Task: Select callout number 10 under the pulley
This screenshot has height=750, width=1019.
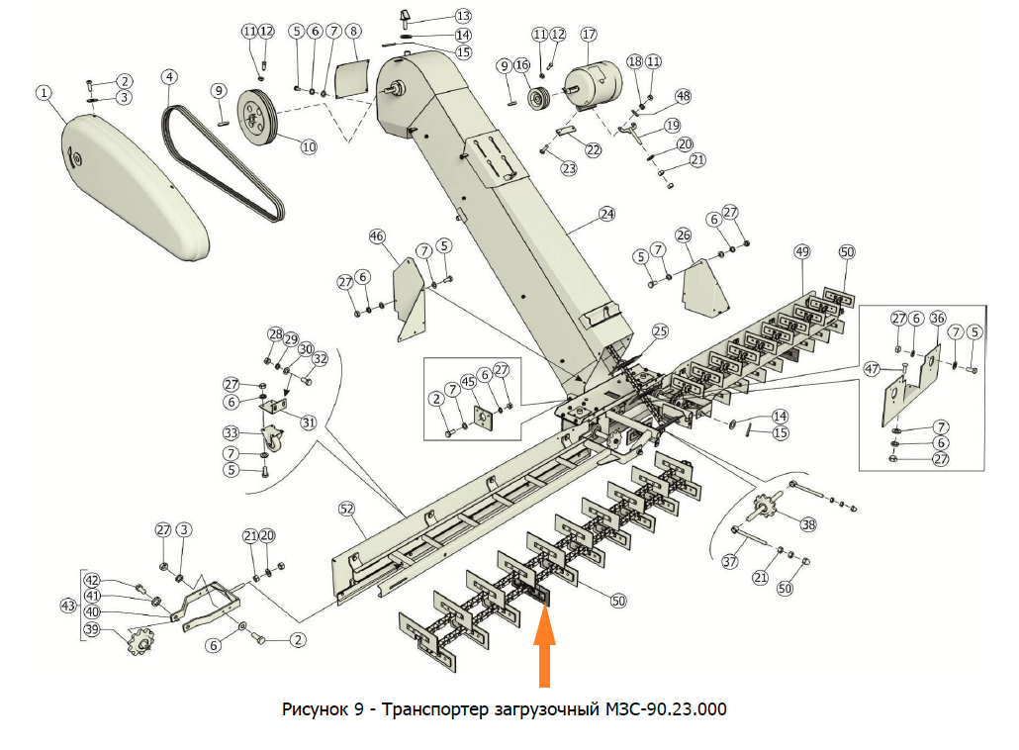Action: [309, 146]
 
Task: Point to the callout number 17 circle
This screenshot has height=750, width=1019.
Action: [589, 34]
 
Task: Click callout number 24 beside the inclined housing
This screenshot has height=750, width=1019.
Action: [606, 214]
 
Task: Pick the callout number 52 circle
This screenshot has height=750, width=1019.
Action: [346, 508]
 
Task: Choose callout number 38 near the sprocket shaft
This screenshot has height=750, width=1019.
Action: [809, 525]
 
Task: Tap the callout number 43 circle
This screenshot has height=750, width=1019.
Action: [68, 606]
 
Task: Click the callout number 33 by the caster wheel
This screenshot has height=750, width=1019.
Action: [232, 433]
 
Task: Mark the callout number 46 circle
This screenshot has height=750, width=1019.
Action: [376, 236]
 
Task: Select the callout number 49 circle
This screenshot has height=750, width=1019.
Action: [801, 252]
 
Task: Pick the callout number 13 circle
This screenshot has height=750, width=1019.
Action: [463, 16]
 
